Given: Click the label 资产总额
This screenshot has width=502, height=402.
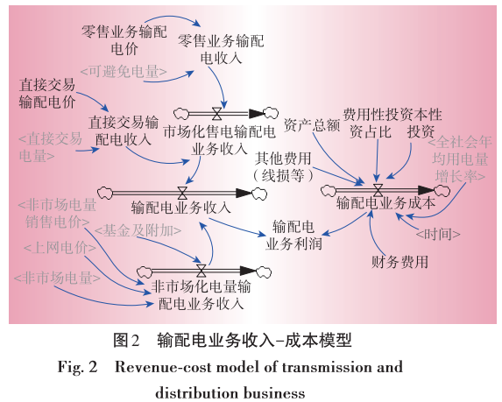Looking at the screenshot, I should click(312, 125).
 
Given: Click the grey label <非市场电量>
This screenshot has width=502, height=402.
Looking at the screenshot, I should click(56, 278).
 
